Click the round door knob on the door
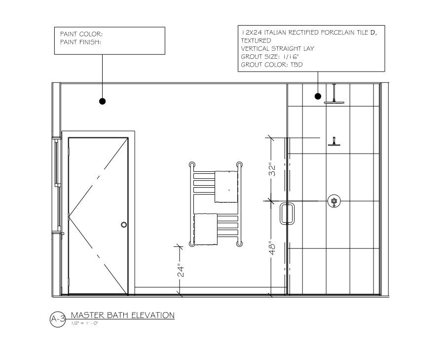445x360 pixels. click(x=124, y=225)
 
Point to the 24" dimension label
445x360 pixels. click(x=181, y=271)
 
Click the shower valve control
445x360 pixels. click(x=334, y=201)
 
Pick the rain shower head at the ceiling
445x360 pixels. click(x=334, y=102)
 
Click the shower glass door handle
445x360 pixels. click(x=287, y=214)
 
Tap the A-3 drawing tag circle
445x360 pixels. click(x=58, y=320)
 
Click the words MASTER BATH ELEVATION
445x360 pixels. click(x=122, y=315)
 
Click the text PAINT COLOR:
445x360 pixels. click(x=81, y=34)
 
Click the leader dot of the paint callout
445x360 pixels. click(x=102, y=101)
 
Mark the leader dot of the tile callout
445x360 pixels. click(x=318, y=96)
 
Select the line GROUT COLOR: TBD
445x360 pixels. click(x=271, y=65)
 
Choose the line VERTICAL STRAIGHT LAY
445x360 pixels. click(x=278, y=48)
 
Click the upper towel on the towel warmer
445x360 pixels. click(x=226, y=186)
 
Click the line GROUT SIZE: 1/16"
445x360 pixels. click(x=270, y=57)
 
